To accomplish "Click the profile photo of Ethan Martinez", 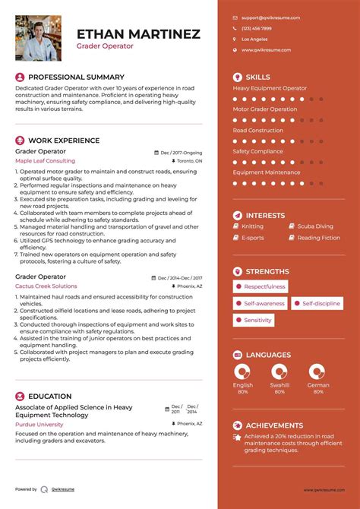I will [x=38, y=38].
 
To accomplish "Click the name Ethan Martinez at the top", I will [x=138, y=34].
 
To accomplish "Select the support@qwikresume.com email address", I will [x=270, y=17].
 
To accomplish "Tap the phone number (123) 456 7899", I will [x=256, y=28].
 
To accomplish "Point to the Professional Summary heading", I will [x=75, y=77].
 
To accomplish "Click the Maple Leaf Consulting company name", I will [x=45, y=161].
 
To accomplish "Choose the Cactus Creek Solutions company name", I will [x=46, y=286].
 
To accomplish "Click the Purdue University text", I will [x=39, y=424].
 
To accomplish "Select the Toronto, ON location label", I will [x=188, y=162].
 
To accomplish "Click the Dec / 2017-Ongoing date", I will [x=181, y=152].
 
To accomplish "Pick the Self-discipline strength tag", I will [x=317, y=303].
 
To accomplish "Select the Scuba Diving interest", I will [x=314, y=226].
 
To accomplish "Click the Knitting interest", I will [x=252, y=226].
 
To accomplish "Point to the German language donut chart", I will [x=317, y=371].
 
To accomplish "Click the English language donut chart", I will [x=242, y=371].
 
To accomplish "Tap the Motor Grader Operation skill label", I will [x=264, y=109].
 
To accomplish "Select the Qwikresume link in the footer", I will [x=64, y=489].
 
